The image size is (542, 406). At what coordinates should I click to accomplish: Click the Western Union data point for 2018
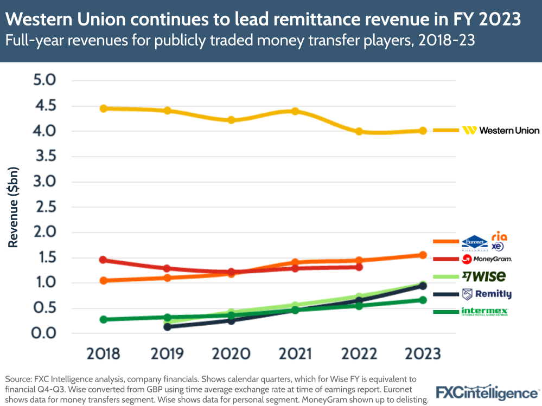coord(103,108)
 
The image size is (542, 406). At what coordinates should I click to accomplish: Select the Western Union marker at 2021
coord(295,111)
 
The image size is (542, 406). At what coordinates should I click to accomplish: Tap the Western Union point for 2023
coord(423,131)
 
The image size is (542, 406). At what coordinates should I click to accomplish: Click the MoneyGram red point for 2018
coord(103,260)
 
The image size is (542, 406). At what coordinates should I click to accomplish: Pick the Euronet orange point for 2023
coord(423,255)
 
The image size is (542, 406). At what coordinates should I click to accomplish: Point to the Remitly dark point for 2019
coord(167,327)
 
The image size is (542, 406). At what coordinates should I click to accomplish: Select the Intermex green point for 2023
coord(423,300)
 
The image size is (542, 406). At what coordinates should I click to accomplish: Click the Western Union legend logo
coord(500,130)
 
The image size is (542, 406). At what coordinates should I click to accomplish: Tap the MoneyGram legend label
coord(487,259)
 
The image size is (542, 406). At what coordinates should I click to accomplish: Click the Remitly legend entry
coord(486,294)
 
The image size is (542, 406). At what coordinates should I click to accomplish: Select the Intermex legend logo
coord(484,311)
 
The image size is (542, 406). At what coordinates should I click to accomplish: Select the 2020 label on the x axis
coord(231,354)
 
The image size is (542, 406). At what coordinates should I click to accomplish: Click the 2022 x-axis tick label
coord(359,354)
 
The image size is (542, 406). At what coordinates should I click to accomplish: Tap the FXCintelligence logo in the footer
coord(488,392)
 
